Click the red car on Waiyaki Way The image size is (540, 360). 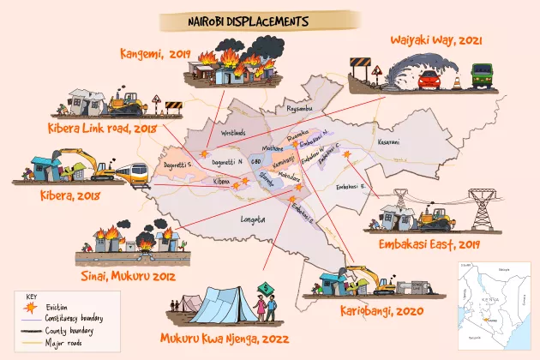[x=428, y=81]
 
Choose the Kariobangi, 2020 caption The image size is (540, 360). [x=389, y=309]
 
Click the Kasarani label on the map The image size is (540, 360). [x=388, y=141]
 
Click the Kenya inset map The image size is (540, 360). [x=489, y=306]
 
